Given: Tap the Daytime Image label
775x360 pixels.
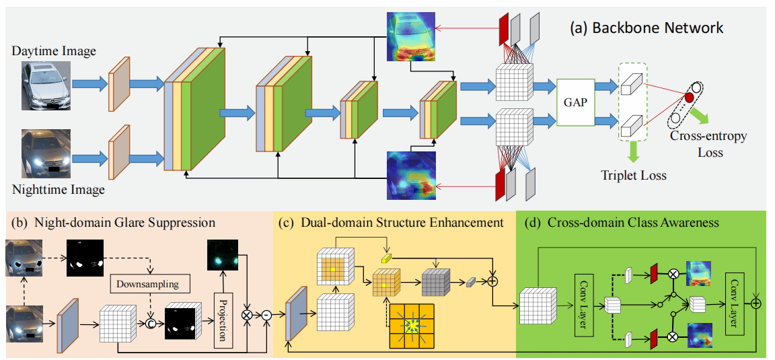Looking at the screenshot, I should tap(54, 51).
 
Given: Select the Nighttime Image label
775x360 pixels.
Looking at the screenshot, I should tap(59, 190).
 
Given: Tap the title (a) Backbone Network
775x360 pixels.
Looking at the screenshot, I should tap(647, 28).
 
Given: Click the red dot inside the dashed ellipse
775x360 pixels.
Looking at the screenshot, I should tap(689, 99).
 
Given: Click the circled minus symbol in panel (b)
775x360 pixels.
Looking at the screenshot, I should tap(268, 314).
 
